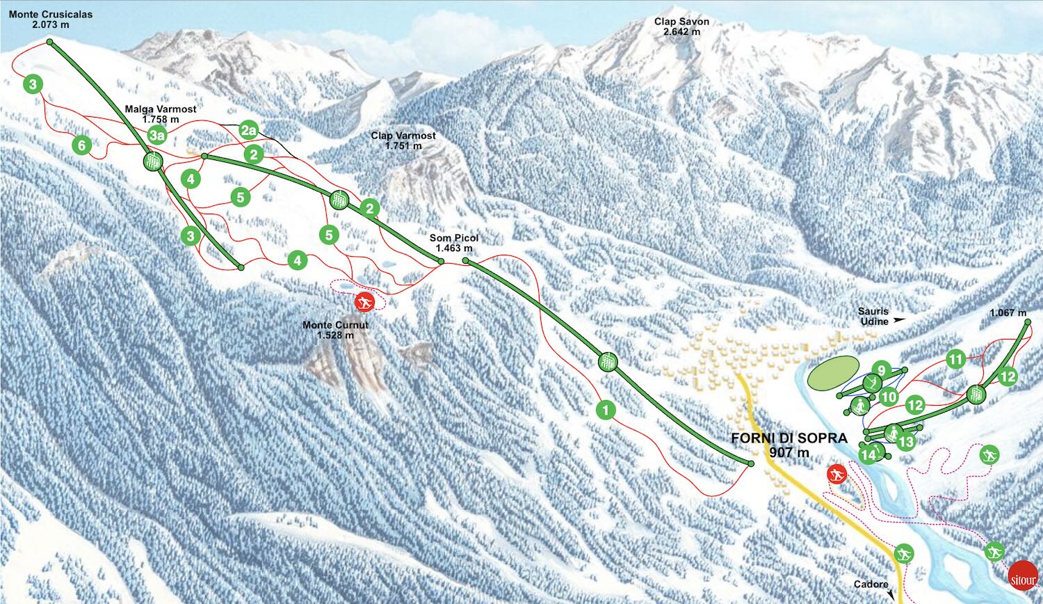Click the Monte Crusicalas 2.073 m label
tap(50, 19)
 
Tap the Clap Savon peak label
tap(681, 26)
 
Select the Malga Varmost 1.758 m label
tap(161, 114)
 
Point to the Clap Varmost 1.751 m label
tap(403, 141)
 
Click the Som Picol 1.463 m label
tap(453, 243)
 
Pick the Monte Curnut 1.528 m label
tap(335, 330)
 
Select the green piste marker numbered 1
tap(606, 410)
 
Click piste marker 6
tap(82, 145)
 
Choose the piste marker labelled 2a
tap(249, 130)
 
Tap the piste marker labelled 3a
tap(159, 135)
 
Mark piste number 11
tap(956, 360)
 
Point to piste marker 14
tap(868, 455)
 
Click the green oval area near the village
tap(833, 372)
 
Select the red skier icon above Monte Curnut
tap(364, 302)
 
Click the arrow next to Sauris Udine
tap(900, 320)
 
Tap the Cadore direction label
tap(871, 585)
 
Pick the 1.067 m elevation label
tap(1008, 313)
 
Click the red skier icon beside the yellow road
tap(837, 475)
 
